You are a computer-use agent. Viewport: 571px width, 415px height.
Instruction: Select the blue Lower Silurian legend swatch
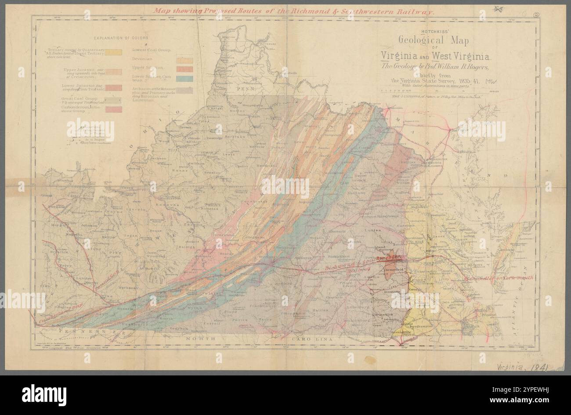pyautogui.click(x=184, y=79)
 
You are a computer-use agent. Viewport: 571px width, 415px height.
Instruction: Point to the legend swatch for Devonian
pyautogui.click(x=184, y=59)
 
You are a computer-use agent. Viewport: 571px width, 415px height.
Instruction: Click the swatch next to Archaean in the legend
pyautogui.click(x=184, y=90)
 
